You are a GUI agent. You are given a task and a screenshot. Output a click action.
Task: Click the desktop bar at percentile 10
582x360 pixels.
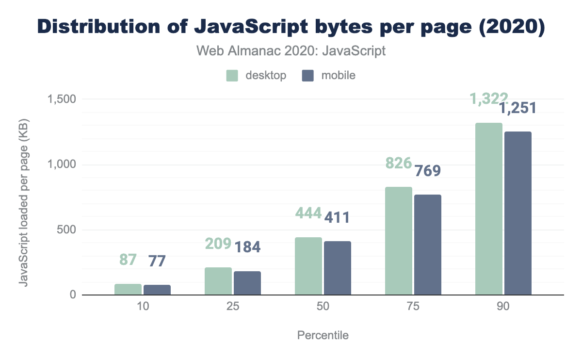(x=128, y=290)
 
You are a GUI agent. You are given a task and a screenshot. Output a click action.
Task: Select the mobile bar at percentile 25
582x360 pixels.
(x=247, y=283)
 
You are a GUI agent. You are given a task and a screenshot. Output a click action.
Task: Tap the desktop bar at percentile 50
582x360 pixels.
(x=308, y=266)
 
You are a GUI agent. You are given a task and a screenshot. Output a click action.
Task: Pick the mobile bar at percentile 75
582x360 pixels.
(x=428, y=245)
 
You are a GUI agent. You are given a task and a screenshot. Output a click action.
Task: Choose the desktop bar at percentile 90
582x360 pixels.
(x=489, y=209)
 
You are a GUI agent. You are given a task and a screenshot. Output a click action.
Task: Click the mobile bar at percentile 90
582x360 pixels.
(x=518, y=213)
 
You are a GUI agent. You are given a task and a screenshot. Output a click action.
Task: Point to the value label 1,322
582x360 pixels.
(x=488, y=99)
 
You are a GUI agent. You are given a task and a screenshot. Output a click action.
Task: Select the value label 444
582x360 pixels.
(x=308, y=213)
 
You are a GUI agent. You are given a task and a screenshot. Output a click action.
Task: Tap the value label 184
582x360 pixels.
(x=247, y=247)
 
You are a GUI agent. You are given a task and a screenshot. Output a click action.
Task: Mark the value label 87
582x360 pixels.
(x=128, y=259)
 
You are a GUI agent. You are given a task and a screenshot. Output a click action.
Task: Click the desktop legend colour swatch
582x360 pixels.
(x=232, y=76)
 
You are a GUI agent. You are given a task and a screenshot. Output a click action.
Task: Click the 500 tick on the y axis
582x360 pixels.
(x=66, y=230)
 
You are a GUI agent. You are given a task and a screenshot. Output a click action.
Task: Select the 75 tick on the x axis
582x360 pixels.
(x=413, y=308)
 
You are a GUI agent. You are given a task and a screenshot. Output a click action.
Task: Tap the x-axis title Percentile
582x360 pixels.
(x=323, y=335)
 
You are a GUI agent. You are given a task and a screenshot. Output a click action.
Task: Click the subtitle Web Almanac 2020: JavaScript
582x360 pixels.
(x=291, y=50)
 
